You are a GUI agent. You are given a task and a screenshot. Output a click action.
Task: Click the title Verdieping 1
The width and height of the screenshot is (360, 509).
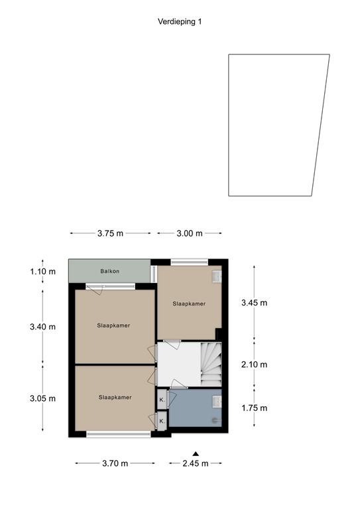pos(180,21)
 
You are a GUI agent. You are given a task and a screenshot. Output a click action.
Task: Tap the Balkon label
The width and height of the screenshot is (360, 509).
pos(109,272)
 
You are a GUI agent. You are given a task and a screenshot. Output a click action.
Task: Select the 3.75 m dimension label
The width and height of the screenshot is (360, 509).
pos(110,233)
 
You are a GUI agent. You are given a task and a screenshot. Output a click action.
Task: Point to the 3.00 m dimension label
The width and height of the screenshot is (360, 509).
pos(189,233)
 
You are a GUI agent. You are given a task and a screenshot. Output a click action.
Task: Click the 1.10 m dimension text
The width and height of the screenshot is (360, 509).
pos(43,272)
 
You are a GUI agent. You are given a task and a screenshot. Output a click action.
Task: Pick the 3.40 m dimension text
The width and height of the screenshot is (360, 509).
pos(43,327)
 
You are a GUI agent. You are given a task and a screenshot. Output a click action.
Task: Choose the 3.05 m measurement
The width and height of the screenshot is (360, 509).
pos(43,398)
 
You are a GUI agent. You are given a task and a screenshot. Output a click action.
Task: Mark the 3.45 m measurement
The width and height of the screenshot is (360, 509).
pos(253,303)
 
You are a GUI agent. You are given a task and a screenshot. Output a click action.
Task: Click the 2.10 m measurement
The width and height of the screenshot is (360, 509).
pos(253,364)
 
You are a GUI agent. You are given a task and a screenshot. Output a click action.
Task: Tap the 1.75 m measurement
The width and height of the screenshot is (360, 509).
pos(253,408)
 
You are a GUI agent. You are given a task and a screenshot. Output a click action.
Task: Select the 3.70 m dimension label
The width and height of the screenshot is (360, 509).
pos(115,463)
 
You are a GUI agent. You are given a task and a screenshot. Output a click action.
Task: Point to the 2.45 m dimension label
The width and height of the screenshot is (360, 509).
pos(195,463)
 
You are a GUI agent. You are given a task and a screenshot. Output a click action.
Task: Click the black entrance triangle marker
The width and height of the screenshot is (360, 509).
pos(195,453)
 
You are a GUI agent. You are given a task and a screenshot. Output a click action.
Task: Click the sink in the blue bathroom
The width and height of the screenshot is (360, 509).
pos(217,400)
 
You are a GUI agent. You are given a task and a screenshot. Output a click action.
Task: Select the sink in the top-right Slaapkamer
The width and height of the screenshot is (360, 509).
pos(216,276)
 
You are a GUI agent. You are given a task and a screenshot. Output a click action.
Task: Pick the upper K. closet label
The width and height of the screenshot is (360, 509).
pos(162,400)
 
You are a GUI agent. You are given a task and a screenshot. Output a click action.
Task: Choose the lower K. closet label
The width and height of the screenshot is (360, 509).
pos(162,422)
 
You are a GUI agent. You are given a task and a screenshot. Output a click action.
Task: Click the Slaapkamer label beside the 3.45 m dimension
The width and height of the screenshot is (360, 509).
pos(189,304)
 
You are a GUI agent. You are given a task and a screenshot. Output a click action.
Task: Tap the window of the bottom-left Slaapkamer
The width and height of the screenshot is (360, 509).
pos(119,434)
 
